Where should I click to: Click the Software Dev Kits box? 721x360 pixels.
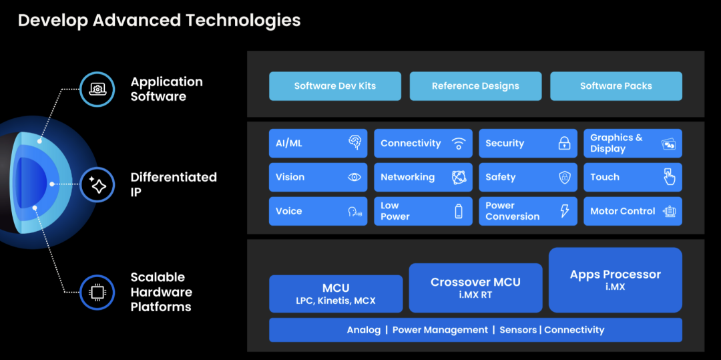(335, 86)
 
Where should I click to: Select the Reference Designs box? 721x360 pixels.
(475, 86)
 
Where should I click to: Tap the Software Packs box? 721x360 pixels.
(616, 86)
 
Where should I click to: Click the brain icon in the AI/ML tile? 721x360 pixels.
(354, 143)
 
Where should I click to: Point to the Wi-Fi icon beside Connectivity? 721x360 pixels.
(459, 143)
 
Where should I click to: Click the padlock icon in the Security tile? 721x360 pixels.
(564, 143)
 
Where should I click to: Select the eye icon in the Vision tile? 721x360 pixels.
(354, 177)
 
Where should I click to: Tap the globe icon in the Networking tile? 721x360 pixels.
(459, 177)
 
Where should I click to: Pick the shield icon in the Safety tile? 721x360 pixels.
(564, 177)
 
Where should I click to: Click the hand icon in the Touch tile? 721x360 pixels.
(668, 177)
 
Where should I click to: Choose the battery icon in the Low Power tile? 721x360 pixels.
(459, 211)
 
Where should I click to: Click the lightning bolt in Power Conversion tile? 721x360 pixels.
(565, 211)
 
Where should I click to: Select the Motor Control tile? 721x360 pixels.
(632, 211)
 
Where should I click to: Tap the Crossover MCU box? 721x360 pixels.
(475, 287)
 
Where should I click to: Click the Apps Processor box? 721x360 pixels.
(615, 279)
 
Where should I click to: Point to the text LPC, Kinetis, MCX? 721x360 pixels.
(336, 301)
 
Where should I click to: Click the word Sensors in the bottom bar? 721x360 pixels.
(519, 330)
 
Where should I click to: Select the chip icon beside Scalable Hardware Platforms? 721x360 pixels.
(97, 291)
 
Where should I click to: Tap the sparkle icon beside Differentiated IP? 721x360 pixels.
(97, 184)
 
